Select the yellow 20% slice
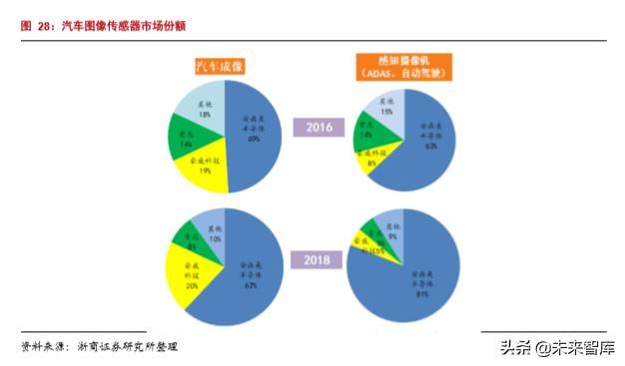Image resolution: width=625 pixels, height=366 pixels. [x=192, y=275]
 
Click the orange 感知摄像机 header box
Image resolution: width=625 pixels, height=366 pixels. [x=401, y=66]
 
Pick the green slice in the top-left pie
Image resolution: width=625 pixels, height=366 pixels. [x=184, y=140]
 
